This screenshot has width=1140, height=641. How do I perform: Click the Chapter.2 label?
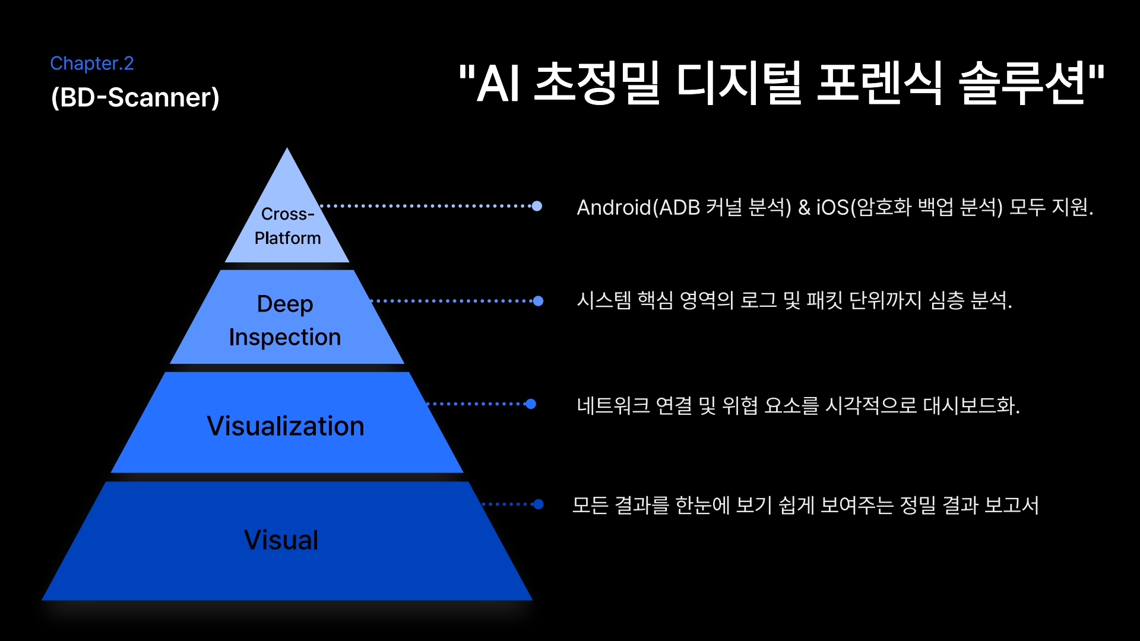[92, 64]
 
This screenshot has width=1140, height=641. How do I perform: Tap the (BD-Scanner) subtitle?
[135, 97]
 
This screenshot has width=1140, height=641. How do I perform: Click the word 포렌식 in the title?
[879, 84]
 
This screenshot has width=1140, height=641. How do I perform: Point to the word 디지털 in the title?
[739, 84]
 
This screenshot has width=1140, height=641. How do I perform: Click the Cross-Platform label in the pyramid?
[287, 226]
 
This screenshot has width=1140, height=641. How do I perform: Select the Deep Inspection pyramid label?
[285, 320]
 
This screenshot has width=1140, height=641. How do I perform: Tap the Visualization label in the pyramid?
[286, 426]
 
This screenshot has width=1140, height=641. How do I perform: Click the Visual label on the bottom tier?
[281, 540]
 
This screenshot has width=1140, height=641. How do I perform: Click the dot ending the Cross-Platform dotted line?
[537, 206]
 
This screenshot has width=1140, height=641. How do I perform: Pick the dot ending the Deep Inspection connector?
[538, 301]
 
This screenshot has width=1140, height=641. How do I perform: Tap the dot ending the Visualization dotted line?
[531, 404]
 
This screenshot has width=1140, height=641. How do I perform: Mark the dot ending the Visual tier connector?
[538, 504]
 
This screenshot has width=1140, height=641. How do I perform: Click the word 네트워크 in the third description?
[613, 406]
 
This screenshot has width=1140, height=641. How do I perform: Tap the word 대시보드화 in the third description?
[971, 406]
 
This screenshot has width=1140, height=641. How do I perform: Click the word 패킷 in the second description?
[825, 300]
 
